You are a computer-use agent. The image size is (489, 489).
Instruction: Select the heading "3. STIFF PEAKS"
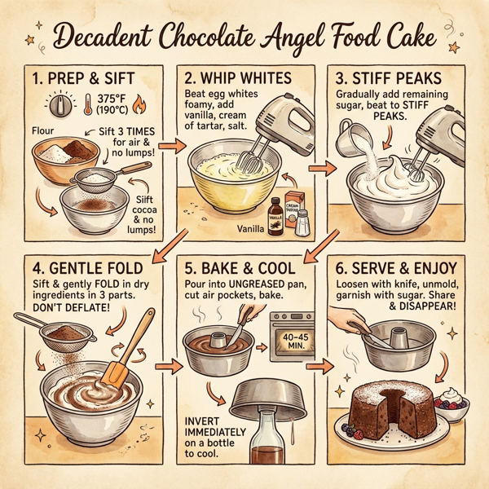coord(400,82)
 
